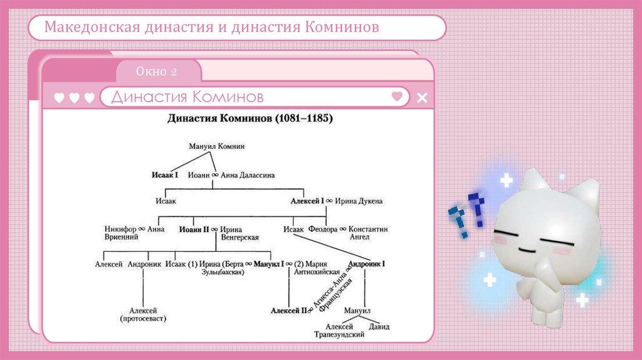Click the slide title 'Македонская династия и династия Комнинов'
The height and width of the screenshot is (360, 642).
point(211,28)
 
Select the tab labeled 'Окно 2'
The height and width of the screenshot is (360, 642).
point(157,71)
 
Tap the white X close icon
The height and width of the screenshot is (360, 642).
point(422,97)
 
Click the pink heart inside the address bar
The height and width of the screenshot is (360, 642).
point(397,97)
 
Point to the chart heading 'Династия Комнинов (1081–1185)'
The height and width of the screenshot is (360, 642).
point(250,118)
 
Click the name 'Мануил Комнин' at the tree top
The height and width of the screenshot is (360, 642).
point(216,146)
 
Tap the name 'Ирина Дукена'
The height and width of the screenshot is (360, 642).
point(359,201)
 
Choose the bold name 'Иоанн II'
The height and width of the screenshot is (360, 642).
point(193,230)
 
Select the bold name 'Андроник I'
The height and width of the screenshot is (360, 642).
point(366,264)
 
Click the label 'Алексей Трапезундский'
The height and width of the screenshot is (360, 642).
point(339,331)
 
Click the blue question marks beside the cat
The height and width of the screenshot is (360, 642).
point(468,213)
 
